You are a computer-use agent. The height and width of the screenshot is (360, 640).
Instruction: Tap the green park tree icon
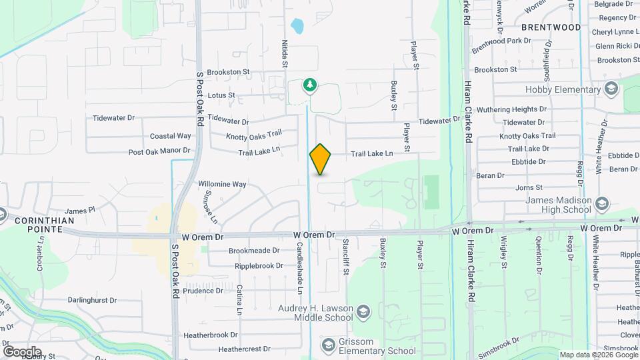point(309,85)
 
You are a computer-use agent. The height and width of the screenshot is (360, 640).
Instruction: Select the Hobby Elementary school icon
point(611,89)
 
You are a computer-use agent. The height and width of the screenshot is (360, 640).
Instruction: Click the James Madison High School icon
point(602,203)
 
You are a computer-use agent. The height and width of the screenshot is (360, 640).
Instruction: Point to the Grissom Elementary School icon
point(328,344)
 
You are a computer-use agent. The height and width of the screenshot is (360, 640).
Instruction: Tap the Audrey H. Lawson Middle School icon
point(363,312)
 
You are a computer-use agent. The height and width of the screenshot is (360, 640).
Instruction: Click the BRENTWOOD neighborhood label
point(551,27)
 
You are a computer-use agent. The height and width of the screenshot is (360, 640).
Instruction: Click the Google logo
point(22,352)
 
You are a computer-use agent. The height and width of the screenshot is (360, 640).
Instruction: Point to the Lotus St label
point(221,95)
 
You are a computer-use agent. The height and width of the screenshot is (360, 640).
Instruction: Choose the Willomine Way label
point(222,184)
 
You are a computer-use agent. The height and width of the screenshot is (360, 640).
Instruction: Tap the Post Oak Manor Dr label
point(160,152)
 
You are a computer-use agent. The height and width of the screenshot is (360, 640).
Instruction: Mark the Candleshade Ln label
point(300,268)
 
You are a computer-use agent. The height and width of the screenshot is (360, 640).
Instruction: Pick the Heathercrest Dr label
point(244,349)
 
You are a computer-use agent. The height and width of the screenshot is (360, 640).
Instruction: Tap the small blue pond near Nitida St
point(297,27)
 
